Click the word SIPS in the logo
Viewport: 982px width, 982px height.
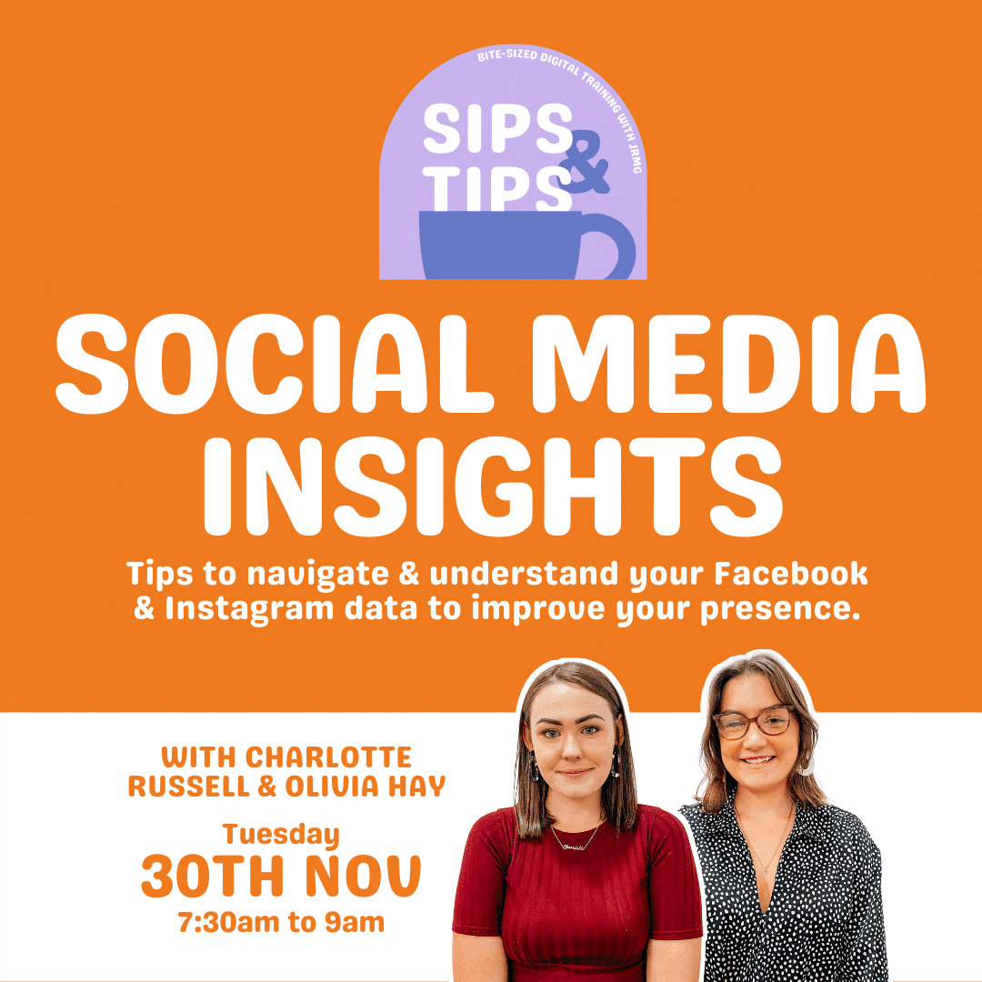(x=498, y=128)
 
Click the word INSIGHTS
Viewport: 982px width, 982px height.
(x=494, y=486)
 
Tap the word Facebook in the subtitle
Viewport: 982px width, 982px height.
(x=790, y=574)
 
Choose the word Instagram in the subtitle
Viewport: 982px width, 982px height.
(x=249, y=609)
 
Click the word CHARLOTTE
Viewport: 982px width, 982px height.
(x=328, y=757)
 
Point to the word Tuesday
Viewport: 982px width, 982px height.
(x=281, y=835)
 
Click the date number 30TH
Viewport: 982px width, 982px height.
(x=213, y=876)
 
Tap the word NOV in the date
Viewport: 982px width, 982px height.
(x=363, y=876)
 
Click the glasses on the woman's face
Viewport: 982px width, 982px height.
(x=755, y=722)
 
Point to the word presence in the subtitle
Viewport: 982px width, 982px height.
(x=780, y=609)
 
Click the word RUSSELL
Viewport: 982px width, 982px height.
(x=189, y=787)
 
